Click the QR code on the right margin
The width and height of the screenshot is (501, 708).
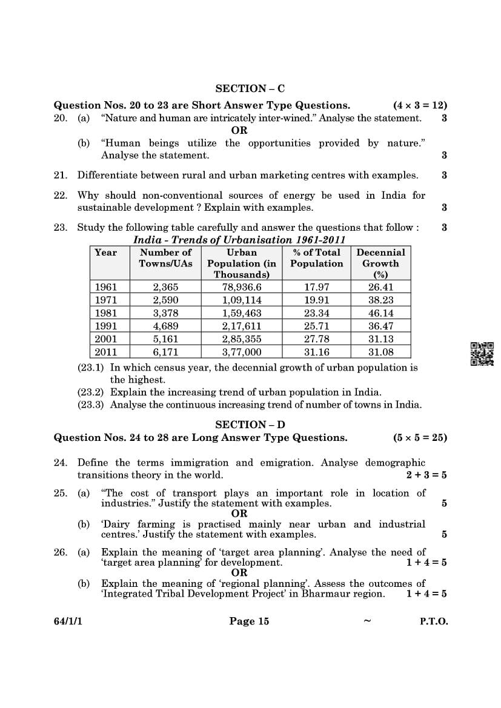click(x=482, y=354)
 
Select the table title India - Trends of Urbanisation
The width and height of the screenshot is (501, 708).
click(x=239, y=240)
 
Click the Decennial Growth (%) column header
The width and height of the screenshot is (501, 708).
click(x=380, y=263)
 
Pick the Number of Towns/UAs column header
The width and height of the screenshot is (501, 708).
click(x=165, y=257)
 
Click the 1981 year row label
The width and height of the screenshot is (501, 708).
click(x=106, y=313)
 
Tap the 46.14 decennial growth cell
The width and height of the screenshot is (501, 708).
click(x=380, y=313)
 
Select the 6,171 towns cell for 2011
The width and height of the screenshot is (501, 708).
click(x=165, y=352)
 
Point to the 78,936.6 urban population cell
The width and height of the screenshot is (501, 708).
click(x=241, y=287)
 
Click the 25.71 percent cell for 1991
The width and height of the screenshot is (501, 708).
click(x=316, y=326)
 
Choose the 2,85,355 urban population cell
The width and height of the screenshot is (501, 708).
click(x=241, y=339)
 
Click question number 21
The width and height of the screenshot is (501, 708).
click(x=60, y=176)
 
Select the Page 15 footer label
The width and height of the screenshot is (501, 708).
click(x=249, y=621)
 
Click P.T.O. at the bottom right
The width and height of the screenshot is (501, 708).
click(x=434, y=621)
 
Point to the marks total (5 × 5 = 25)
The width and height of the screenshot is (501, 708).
click(x=420, y=438)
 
